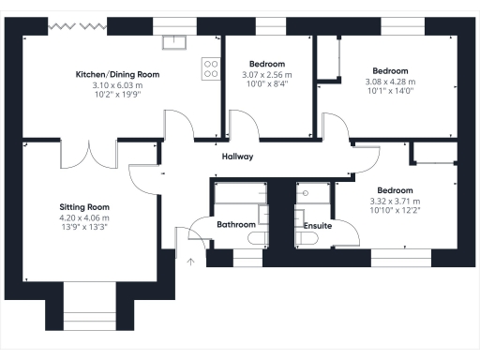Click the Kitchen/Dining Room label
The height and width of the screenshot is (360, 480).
pyautogui.click(x=117, y=74)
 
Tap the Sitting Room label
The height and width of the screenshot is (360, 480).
pyautogui.click(x=84, y=206)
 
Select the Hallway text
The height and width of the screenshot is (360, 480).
pyautogui.click(x=237, y=157)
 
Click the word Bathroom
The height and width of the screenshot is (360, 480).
pyautogui.click(x=236, y=225)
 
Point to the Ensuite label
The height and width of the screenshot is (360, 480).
pyautogui.click(x=318, y=225)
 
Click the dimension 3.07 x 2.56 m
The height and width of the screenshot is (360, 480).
pyautogui.click(x=267, y=75)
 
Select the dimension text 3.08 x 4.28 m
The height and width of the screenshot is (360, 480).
pyautogui.click(x=390, y=82)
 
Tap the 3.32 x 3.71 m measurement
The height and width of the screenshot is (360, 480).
pyautogui.click(x=396, y=202)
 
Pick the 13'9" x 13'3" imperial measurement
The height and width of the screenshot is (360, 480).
pyautogui.click(x=84, y=228)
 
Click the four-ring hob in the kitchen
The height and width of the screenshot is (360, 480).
pyautogui.click(x=211, y=68)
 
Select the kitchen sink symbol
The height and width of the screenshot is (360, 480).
pyautogui.click(x=175, y=41)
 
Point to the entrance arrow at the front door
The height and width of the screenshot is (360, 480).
pyautogui.click(x=189, y=262)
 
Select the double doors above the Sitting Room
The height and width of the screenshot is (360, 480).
pyautogui.click(x=90, y=155)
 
